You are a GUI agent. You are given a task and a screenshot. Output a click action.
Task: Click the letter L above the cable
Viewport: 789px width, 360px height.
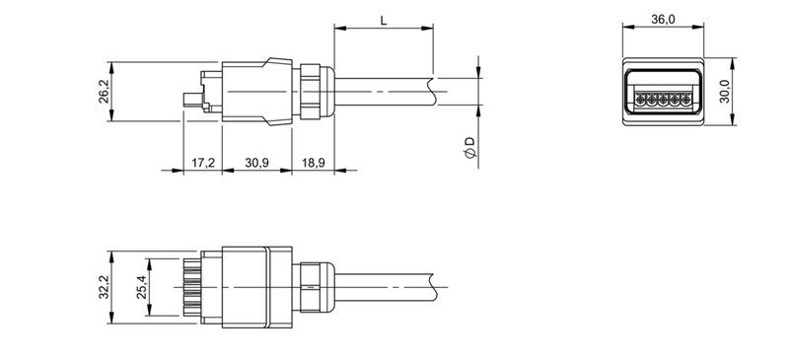(x=382, y=20)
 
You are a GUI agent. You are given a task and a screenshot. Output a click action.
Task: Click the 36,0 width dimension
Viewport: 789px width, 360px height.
(x=664, y=20)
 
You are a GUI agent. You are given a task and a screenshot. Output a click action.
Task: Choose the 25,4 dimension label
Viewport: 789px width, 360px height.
(x=140, y=287)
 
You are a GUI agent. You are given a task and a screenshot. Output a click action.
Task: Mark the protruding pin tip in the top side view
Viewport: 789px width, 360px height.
(x=188, y=99)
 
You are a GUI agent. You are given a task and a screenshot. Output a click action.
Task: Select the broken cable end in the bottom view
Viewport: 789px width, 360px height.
(x=431, y=285)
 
